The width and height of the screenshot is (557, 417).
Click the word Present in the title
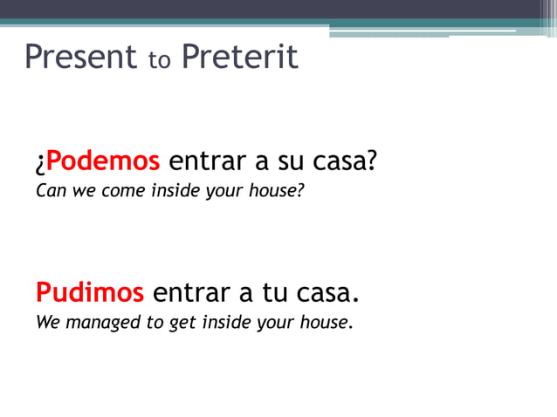pyautogui.click(x=81, y=58)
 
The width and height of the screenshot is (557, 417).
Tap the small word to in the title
pyautogui.click(x=160, y=61)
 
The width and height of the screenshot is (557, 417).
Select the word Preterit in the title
pyautogui.click(x=240, y=58)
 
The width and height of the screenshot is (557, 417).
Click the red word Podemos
pyautogui.click(x=103, y=161)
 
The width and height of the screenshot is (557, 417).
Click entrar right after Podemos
pyautogui.click(x=206, y=161)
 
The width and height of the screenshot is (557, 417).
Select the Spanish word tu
pyautogui.click(x=272, y=292)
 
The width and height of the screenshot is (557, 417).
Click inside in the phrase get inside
pyautogui.click(x=225, y=323)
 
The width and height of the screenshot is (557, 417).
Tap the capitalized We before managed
pyautogui.click(x=47, y=323)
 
